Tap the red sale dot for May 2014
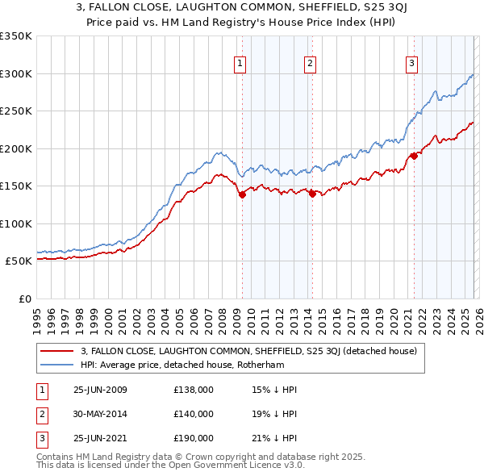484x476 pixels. tap(311, 193)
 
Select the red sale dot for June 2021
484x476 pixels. tap(413, 156)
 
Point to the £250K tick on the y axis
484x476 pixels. tap(16, 111)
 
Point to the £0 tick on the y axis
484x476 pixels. tap(23, 299)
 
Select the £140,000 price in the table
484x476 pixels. tap(194, 414)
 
